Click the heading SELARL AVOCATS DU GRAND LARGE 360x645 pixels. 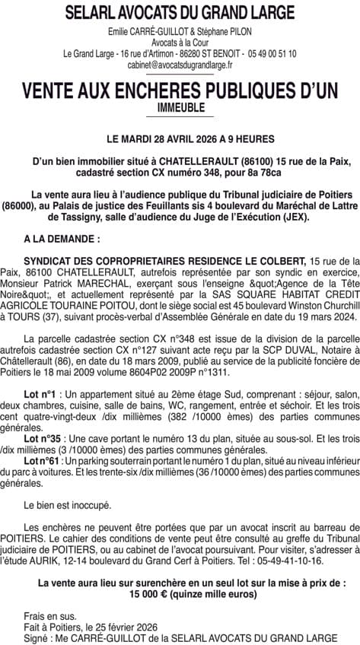pyautogui.click(x=180, y=13)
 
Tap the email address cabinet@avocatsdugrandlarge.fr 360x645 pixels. pyautogui.click(x=180, y=65)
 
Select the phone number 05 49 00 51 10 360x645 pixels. pyautogui.click(x=271, y=54)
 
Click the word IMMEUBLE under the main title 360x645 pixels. pyautogui.click(x=180, y=108)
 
